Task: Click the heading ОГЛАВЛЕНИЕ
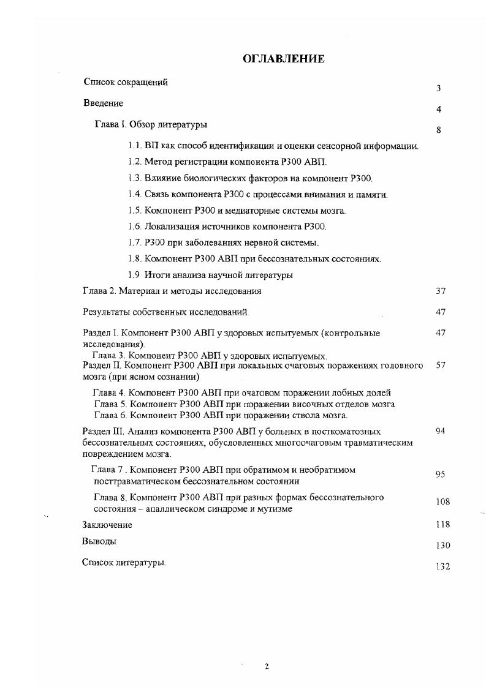coord(283,59)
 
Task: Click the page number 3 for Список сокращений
coord(439,89)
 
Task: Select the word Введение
coord(103,103)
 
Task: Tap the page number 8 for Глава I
coord(439,130)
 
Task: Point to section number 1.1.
coord(135,146)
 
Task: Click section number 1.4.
coord(135,195)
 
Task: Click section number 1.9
coord(135,275)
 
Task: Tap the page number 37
coord(441,291)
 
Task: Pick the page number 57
coord(441,365)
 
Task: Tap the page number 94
coord(441,431)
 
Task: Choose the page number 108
coord(442,502)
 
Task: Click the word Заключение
coord(107,525)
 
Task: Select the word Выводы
coord(99,541)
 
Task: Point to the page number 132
coord(442,567)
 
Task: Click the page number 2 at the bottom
coord(267,667)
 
